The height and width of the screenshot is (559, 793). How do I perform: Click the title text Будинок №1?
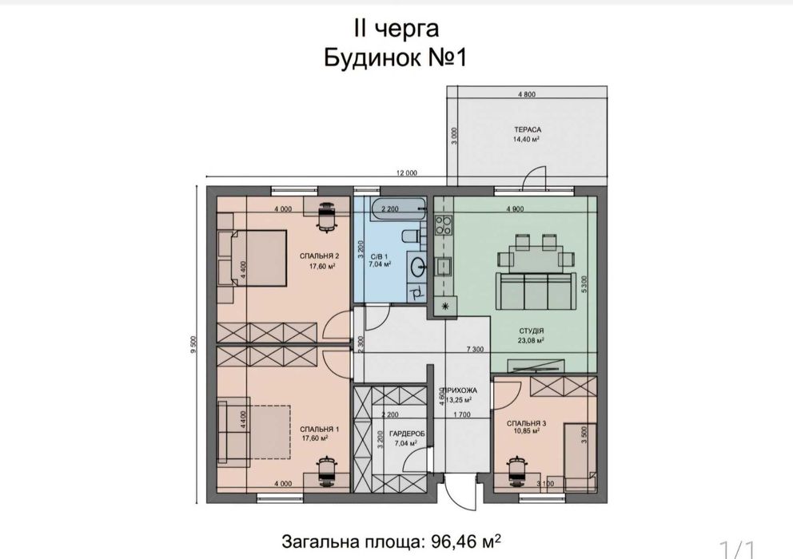coord(395,58)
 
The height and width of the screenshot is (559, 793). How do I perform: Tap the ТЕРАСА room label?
coord(526,129)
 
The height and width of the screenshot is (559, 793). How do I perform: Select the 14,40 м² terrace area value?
coord(526,138)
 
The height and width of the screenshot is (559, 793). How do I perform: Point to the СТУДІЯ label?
coord(532,330)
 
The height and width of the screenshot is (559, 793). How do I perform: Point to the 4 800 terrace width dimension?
coord(526,95)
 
